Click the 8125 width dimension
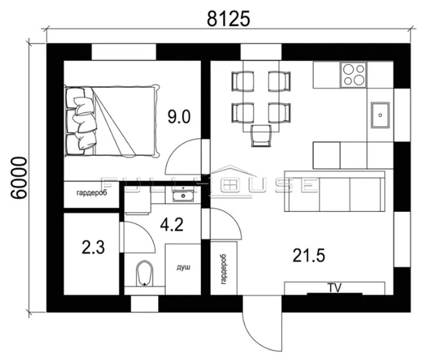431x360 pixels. pyautogui.click(x=228, y=19)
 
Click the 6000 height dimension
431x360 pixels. pyautogui.click(x=19, y=178)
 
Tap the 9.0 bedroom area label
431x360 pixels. pyautogui.click(x=179, y=116)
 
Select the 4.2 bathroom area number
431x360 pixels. pyautogui.click(x=172, y=225)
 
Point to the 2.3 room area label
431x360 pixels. pyautogui.click(x=93, y=247)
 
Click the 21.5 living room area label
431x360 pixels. pyautogui.click(x=309, y=255)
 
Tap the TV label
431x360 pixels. pyautogui.click(x=335, y=288)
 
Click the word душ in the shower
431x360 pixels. pyautogui.click(x=183, y=267)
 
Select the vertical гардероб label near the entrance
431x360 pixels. pyautogui.click(x=223, y=269)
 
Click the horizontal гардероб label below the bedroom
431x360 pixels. pyautogui.click(x=92, y=193)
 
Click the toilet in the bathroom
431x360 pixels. pyautogui.click(x=145, y=274)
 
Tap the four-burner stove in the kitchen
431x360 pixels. pyautogui.click(x=353, y=75)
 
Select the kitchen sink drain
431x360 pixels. pyautogui.click(x=380, y=115)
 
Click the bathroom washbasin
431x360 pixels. pyautogui.click(x=182, y=195)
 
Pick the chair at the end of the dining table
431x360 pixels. pyautogui.click(x=261, y=136)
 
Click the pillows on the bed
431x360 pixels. pyautogui.click(x=81, y=121)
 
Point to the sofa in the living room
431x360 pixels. pyautogui.click(x=335, y=191)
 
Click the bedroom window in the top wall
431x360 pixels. pyautogui.click(x=123, y=52)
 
